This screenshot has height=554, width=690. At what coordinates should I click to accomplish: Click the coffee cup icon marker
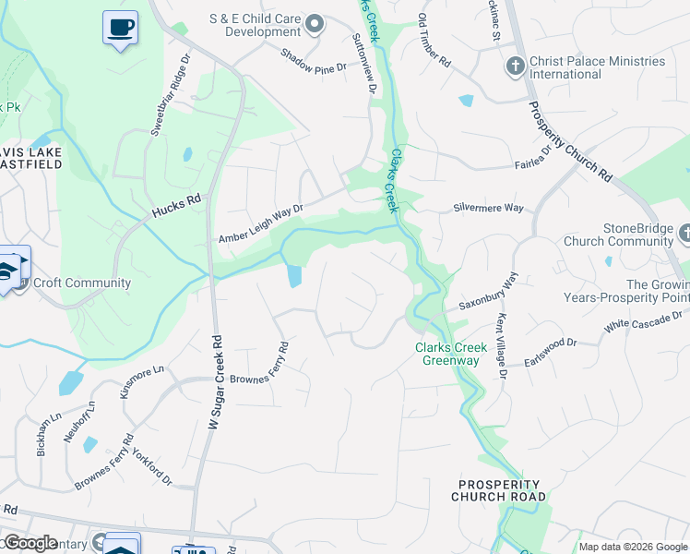click(119, 28)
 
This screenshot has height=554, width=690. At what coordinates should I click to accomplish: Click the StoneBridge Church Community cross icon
click(683, 234)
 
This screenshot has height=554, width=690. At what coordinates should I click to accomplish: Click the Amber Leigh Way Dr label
click(260, 224)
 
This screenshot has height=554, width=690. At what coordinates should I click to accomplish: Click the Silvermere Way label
click(489, 208)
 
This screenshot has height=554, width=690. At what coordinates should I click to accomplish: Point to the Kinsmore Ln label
click(141, 380)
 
